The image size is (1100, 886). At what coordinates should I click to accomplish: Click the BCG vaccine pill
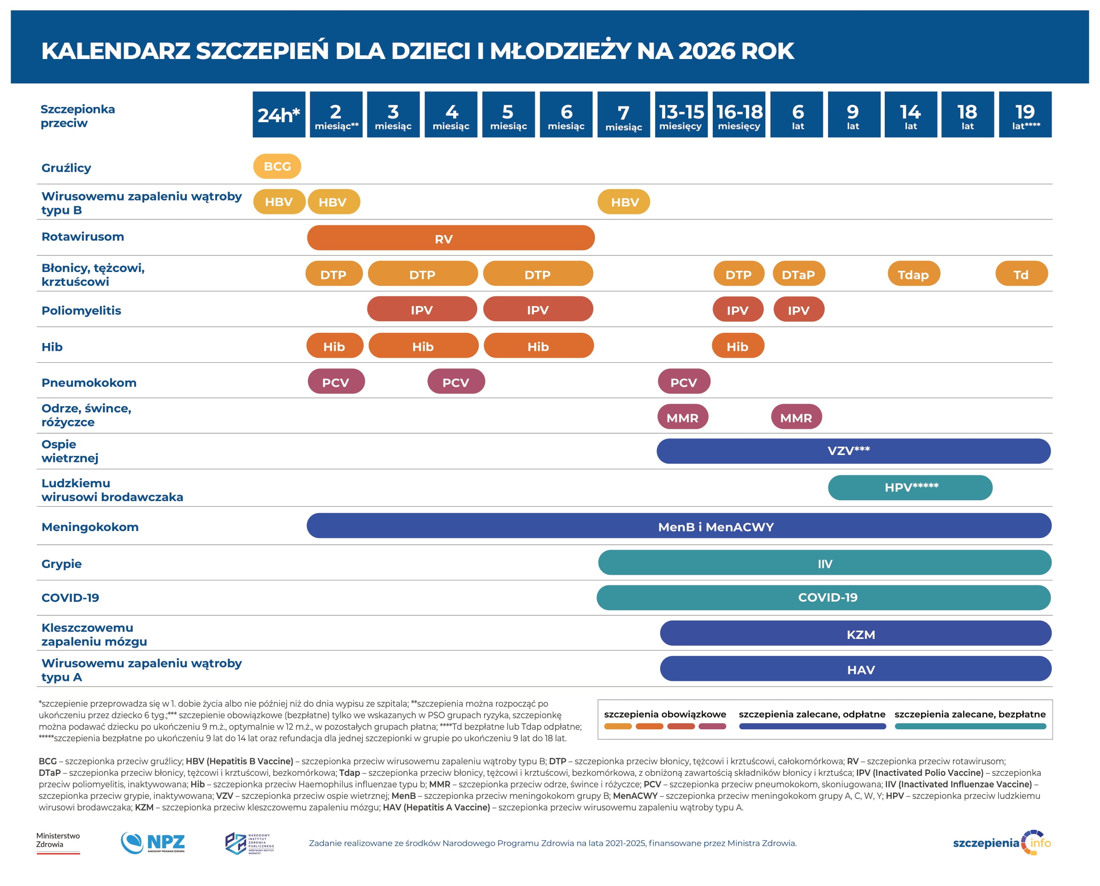click(x=277, y=166)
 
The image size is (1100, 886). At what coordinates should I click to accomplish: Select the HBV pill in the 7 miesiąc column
click(x=623, y=202)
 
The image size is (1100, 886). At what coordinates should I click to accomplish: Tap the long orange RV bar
click(x=450, y=238)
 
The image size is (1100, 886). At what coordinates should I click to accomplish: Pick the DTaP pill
click(x=798, y=274)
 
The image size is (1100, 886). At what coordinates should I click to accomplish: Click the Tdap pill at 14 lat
click(x=913, y=274)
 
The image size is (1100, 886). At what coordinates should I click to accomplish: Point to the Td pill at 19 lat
click(x=1021, y=274)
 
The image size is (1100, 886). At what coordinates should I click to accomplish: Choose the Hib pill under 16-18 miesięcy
click(x=738, y=346)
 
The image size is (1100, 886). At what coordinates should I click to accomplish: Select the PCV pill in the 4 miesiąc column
click(x=456, y=382)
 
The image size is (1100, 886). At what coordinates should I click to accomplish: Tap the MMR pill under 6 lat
click(x=796, y=418)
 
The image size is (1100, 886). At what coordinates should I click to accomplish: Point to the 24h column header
click(x=279, y=114)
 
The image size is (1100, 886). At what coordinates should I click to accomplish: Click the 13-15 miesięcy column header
click(x=681, y=114)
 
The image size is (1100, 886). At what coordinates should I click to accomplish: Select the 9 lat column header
click(x=853, y=114)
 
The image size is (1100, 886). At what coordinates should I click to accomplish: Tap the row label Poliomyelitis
click(x=81, y=310)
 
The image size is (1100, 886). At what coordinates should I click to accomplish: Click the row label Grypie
click(x=61, y=563)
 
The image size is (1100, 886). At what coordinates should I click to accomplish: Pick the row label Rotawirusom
click(x=83, y=236)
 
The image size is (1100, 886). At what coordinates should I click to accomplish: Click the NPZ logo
click(x=153, y=843)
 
